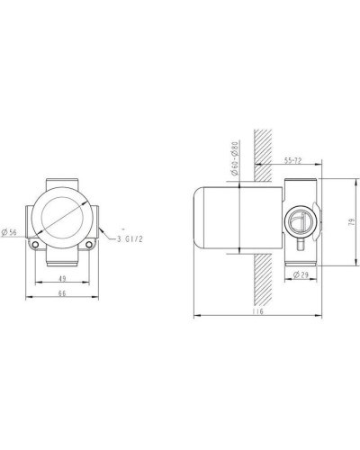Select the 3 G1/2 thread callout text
130,238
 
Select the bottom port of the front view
62,260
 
